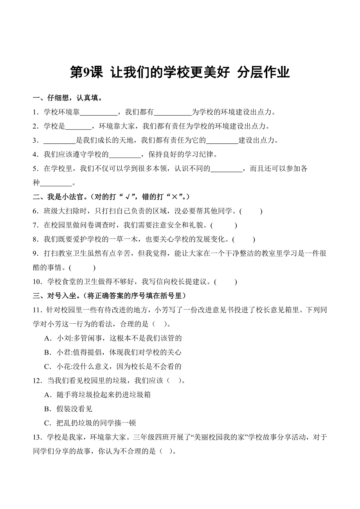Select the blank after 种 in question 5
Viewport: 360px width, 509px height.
56,183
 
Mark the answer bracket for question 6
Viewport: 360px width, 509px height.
251,211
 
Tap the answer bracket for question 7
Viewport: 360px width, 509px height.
224,225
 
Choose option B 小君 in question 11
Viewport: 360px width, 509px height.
113,352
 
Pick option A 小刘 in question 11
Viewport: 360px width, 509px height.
113,338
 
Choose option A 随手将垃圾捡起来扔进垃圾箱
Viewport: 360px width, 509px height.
98,394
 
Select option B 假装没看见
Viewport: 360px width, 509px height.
68,409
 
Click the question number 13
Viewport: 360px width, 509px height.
38,437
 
